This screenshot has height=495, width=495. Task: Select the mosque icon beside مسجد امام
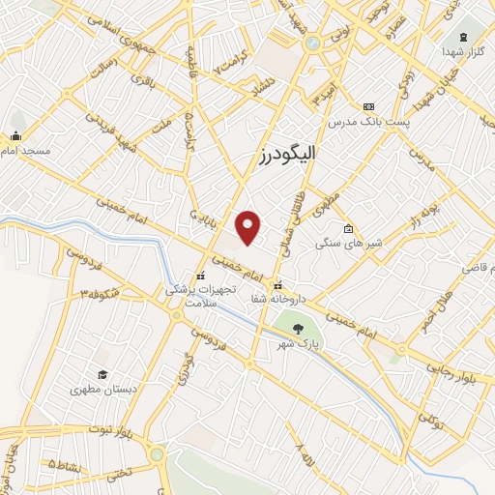(16, 136)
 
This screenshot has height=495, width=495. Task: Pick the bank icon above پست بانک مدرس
(367, 106)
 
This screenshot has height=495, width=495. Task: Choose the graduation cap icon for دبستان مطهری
(102, 375)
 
